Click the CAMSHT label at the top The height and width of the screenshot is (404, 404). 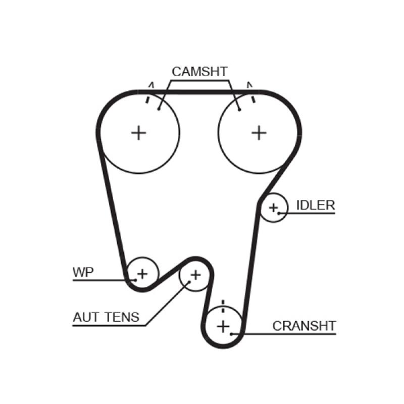click(x=199, y=72)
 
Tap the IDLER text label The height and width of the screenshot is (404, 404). click(x=315, y=205)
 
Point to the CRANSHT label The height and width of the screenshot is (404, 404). click(x=304, y=326)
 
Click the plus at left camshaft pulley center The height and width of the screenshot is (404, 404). click(x=138, y=133)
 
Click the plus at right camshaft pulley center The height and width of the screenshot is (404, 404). click(x=259, y=133)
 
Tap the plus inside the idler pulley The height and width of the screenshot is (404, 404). click(x=273, y=207)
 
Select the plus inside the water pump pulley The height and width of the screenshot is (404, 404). click(x=142, y=274)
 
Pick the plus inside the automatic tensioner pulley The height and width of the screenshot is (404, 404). click(x=195, y=275)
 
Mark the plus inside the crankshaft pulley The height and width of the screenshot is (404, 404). click(x=223, y=326)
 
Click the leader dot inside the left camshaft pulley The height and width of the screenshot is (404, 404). click(x=159, y=108)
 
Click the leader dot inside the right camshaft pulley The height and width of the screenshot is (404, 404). click(x=240, y=108)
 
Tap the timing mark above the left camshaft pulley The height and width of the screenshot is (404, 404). click(x=148, y=93)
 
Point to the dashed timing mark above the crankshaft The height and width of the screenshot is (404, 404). click(x=223, y=307)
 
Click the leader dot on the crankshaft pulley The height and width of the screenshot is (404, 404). click(x=231, y=334)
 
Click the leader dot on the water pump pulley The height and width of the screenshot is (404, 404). click(x=135, y=279)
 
